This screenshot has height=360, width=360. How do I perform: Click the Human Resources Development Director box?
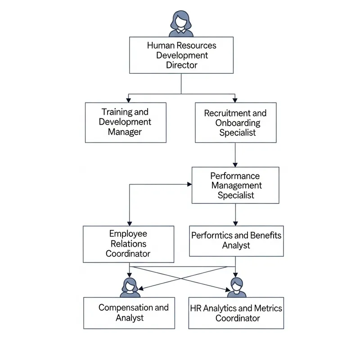pos(181,55)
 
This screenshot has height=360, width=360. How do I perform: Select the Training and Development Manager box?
pos(126,122)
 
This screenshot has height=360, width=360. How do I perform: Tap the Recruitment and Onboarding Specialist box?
pos(235,122)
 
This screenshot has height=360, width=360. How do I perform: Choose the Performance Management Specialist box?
pos(235,185)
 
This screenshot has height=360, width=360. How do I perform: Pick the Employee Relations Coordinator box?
pos(128,244)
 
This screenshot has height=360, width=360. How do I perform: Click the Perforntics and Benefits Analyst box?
pos(236,241)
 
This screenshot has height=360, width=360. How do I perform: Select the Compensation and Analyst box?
pos(130,313)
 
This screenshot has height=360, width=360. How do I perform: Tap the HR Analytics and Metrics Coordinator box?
pos(236,313)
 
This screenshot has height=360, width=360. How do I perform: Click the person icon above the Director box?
pos(181,23)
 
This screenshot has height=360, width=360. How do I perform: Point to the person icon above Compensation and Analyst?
pos(130,287)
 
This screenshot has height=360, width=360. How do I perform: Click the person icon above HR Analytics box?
pos(237,287)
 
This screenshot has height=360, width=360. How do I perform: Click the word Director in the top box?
pos(181,65)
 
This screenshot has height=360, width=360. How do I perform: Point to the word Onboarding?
pos(238,123)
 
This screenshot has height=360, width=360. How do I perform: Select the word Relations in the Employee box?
pos(128,244)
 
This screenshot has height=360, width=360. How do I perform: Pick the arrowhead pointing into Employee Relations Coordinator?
pos(130,223)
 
